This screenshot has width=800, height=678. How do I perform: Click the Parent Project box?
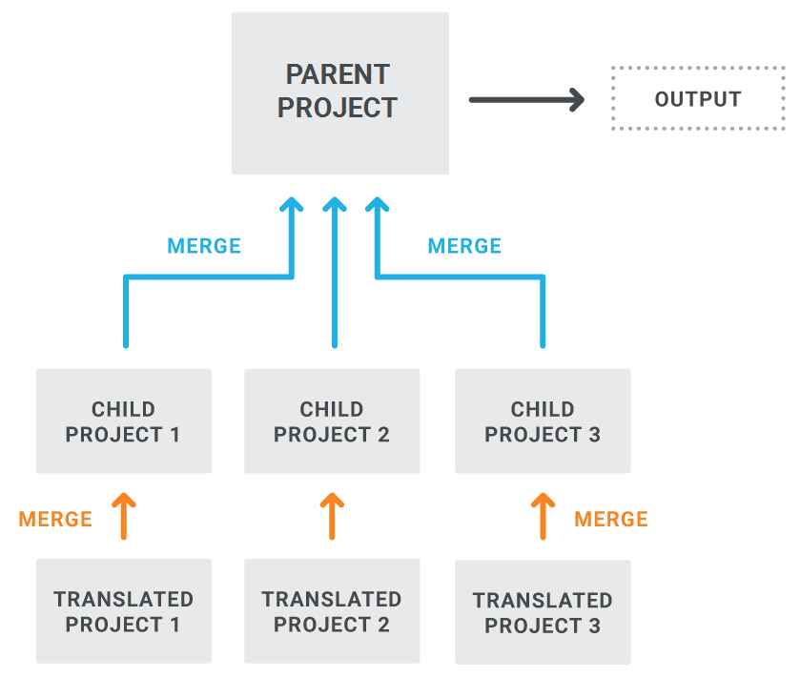[339, 93]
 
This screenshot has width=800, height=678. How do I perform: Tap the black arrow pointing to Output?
[526, 99]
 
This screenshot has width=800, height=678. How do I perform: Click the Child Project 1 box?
[123, 421]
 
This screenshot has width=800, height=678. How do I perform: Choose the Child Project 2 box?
[332, 421]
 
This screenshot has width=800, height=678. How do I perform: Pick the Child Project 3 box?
[543, 421]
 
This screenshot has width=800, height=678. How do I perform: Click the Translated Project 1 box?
[123, 611]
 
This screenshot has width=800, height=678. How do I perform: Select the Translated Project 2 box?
[332, 611]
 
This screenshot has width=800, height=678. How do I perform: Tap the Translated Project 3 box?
[543, 612]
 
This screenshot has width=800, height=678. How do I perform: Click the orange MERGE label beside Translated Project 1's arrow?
[55, 520]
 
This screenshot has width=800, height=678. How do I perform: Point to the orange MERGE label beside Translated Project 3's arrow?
[610, 520]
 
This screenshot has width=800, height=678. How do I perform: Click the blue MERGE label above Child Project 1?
[204, 246]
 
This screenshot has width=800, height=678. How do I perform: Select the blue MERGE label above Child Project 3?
[464, 246]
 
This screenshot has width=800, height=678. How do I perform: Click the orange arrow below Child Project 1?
[123, 516]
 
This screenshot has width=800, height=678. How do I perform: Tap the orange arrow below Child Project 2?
[332, 516]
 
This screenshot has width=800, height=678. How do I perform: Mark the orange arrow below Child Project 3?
[543, 516]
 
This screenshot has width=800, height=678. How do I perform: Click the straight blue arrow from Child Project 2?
[335, 273]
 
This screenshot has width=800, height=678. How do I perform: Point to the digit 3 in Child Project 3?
[594, 435]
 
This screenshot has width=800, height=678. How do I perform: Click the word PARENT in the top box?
[338, 74]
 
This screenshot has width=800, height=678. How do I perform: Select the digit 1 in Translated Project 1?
[174, 625]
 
